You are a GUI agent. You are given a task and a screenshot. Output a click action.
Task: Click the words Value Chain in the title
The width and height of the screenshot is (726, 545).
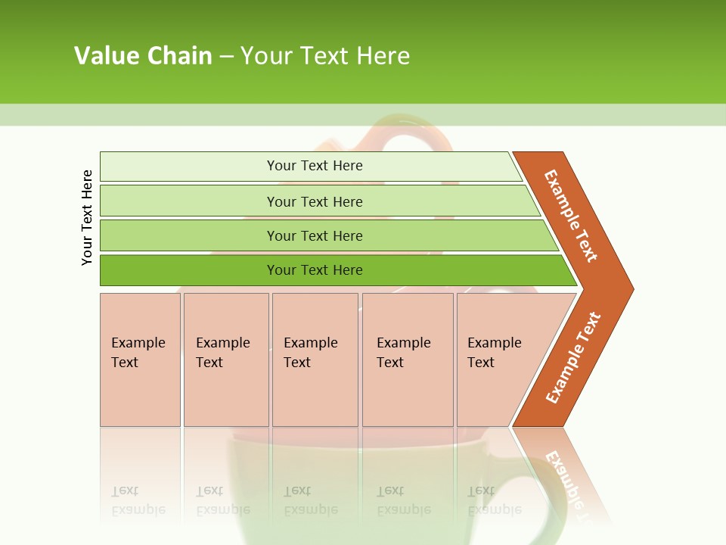(x=143, y=55)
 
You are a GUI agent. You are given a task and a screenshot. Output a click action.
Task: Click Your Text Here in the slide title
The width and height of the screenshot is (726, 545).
(x=325, y=55)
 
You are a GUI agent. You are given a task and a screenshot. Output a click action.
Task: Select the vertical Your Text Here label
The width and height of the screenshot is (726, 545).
(x=87, y=217)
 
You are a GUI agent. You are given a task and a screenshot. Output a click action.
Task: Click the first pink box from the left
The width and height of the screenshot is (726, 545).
(x=140, y=360)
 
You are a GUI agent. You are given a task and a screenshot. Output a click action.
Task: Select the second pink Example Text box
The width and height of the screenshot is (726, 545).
(x=225, y=360)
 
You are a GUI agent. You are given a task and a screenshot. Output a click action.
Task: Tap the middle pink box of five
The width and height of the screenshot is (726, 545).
(x=315, y=360)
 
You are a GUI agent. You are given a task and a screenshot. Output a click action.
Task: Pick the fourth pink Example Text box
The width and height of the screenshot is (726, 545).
(x=407, y=360)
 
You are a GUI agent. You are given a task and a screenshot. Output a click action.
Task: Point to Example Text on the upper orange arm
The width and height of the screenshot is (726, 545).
(x=571, y=216)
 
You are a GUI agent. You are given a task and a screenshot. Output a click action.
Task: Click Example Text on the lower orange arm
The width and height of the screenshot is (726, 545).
(x=573, y=357)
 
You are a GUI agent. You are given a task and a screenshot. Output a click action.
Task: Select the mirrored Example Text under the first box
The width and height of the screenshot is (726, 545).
(x=138, y=500)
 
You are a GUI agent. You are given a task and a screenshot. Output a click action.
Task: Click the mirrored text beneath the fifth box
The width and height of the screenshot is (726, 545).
(x=494, y=500)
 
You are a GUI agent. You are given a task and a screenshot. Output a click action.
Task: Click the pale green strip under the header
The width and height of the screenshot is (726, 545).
(x=363, y=114)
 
